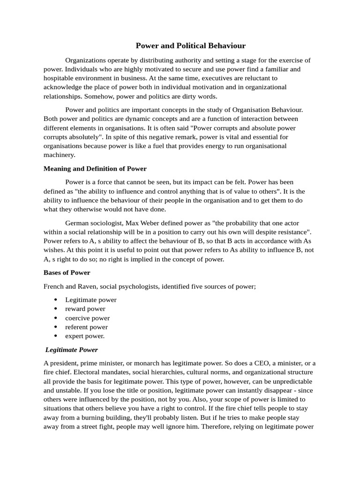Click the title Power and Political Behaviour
[190, 45]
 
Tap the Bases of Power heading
[67, 272]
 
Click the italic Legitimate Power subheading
[72, 350]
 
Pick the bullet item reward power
[85, 309]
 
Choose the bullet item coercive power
[87, 318]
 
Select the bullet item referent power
[86, 327]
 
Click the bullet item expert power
[85, 336]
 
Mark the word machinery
[59, 155]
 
